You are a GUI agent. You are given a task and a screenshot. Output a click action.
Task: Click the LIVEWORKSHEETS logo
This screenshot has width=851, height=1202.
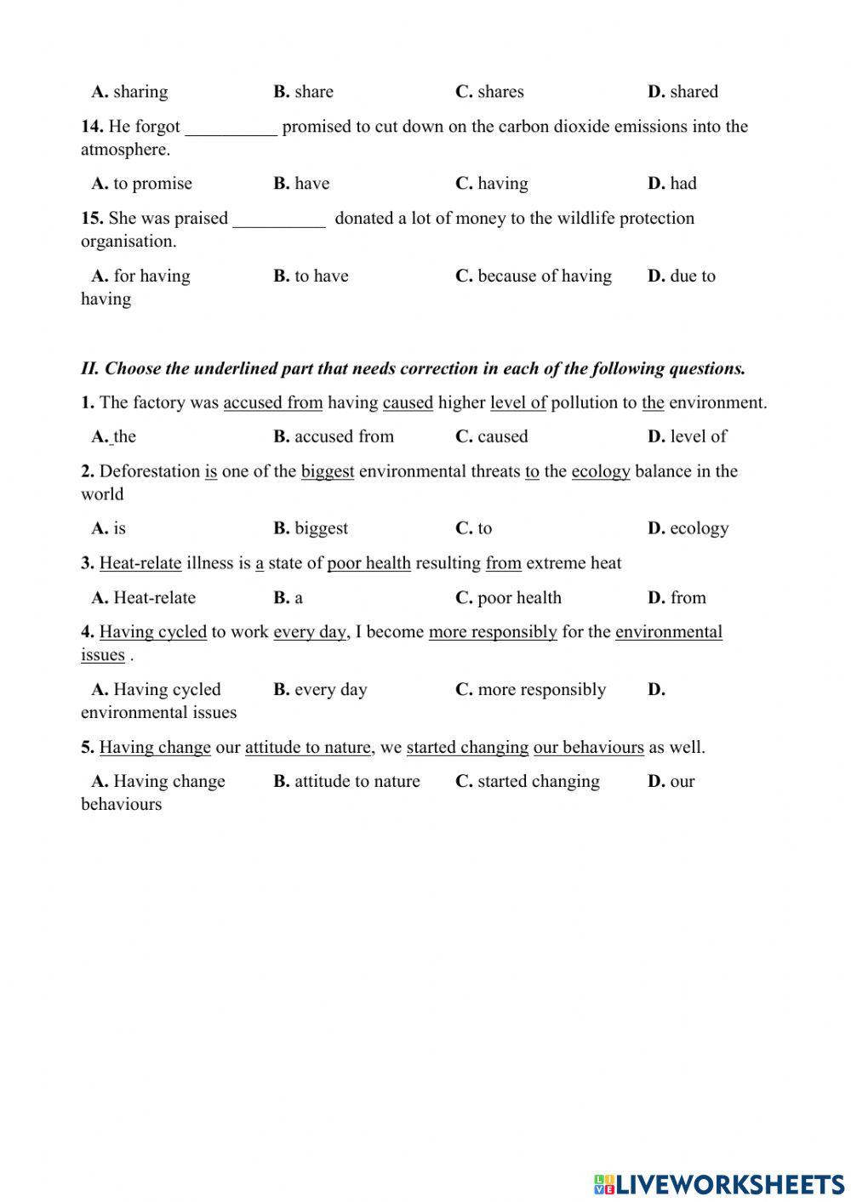[x=719, y=1183]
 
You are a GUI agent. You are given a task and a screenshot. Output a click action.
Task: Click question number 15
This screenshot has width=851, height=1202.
[x=92, y=219]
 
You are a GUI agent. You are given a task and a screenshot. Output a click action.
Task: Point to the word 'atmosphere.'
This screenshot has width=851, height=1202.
[x=125, y=150]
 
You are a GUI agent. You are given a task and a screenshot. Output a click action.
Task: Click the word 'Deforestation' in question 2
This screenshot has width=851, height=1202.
[x=150, y=471]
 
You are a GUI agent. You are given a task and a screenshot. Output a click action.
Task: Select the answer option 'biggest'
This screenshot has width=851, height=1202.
[x=321, y=528]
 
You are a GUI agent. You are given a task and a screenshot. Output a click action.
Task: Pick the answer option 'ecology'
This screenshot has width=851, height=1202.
[x=699, y=528]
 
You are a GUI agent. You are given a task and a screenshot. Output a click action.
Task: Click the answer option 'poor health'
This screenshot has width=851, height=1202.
[x=519, y=598]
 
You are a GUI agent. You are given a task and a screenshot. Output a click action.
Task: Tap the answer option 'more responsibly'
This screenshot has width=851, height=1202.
[x=541, y=690]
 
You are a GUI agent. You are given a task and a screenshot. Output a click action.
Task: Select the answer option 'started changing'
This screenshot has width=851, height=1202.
[x=538, y=782]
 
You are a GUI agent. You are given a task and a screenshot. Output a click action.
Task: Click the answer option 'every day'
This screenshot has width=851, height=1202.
[x=330, y=690]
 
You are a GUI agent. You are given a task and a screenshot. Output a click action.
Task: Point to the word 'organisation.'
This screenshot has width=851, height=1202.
[x=129, y=242]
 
